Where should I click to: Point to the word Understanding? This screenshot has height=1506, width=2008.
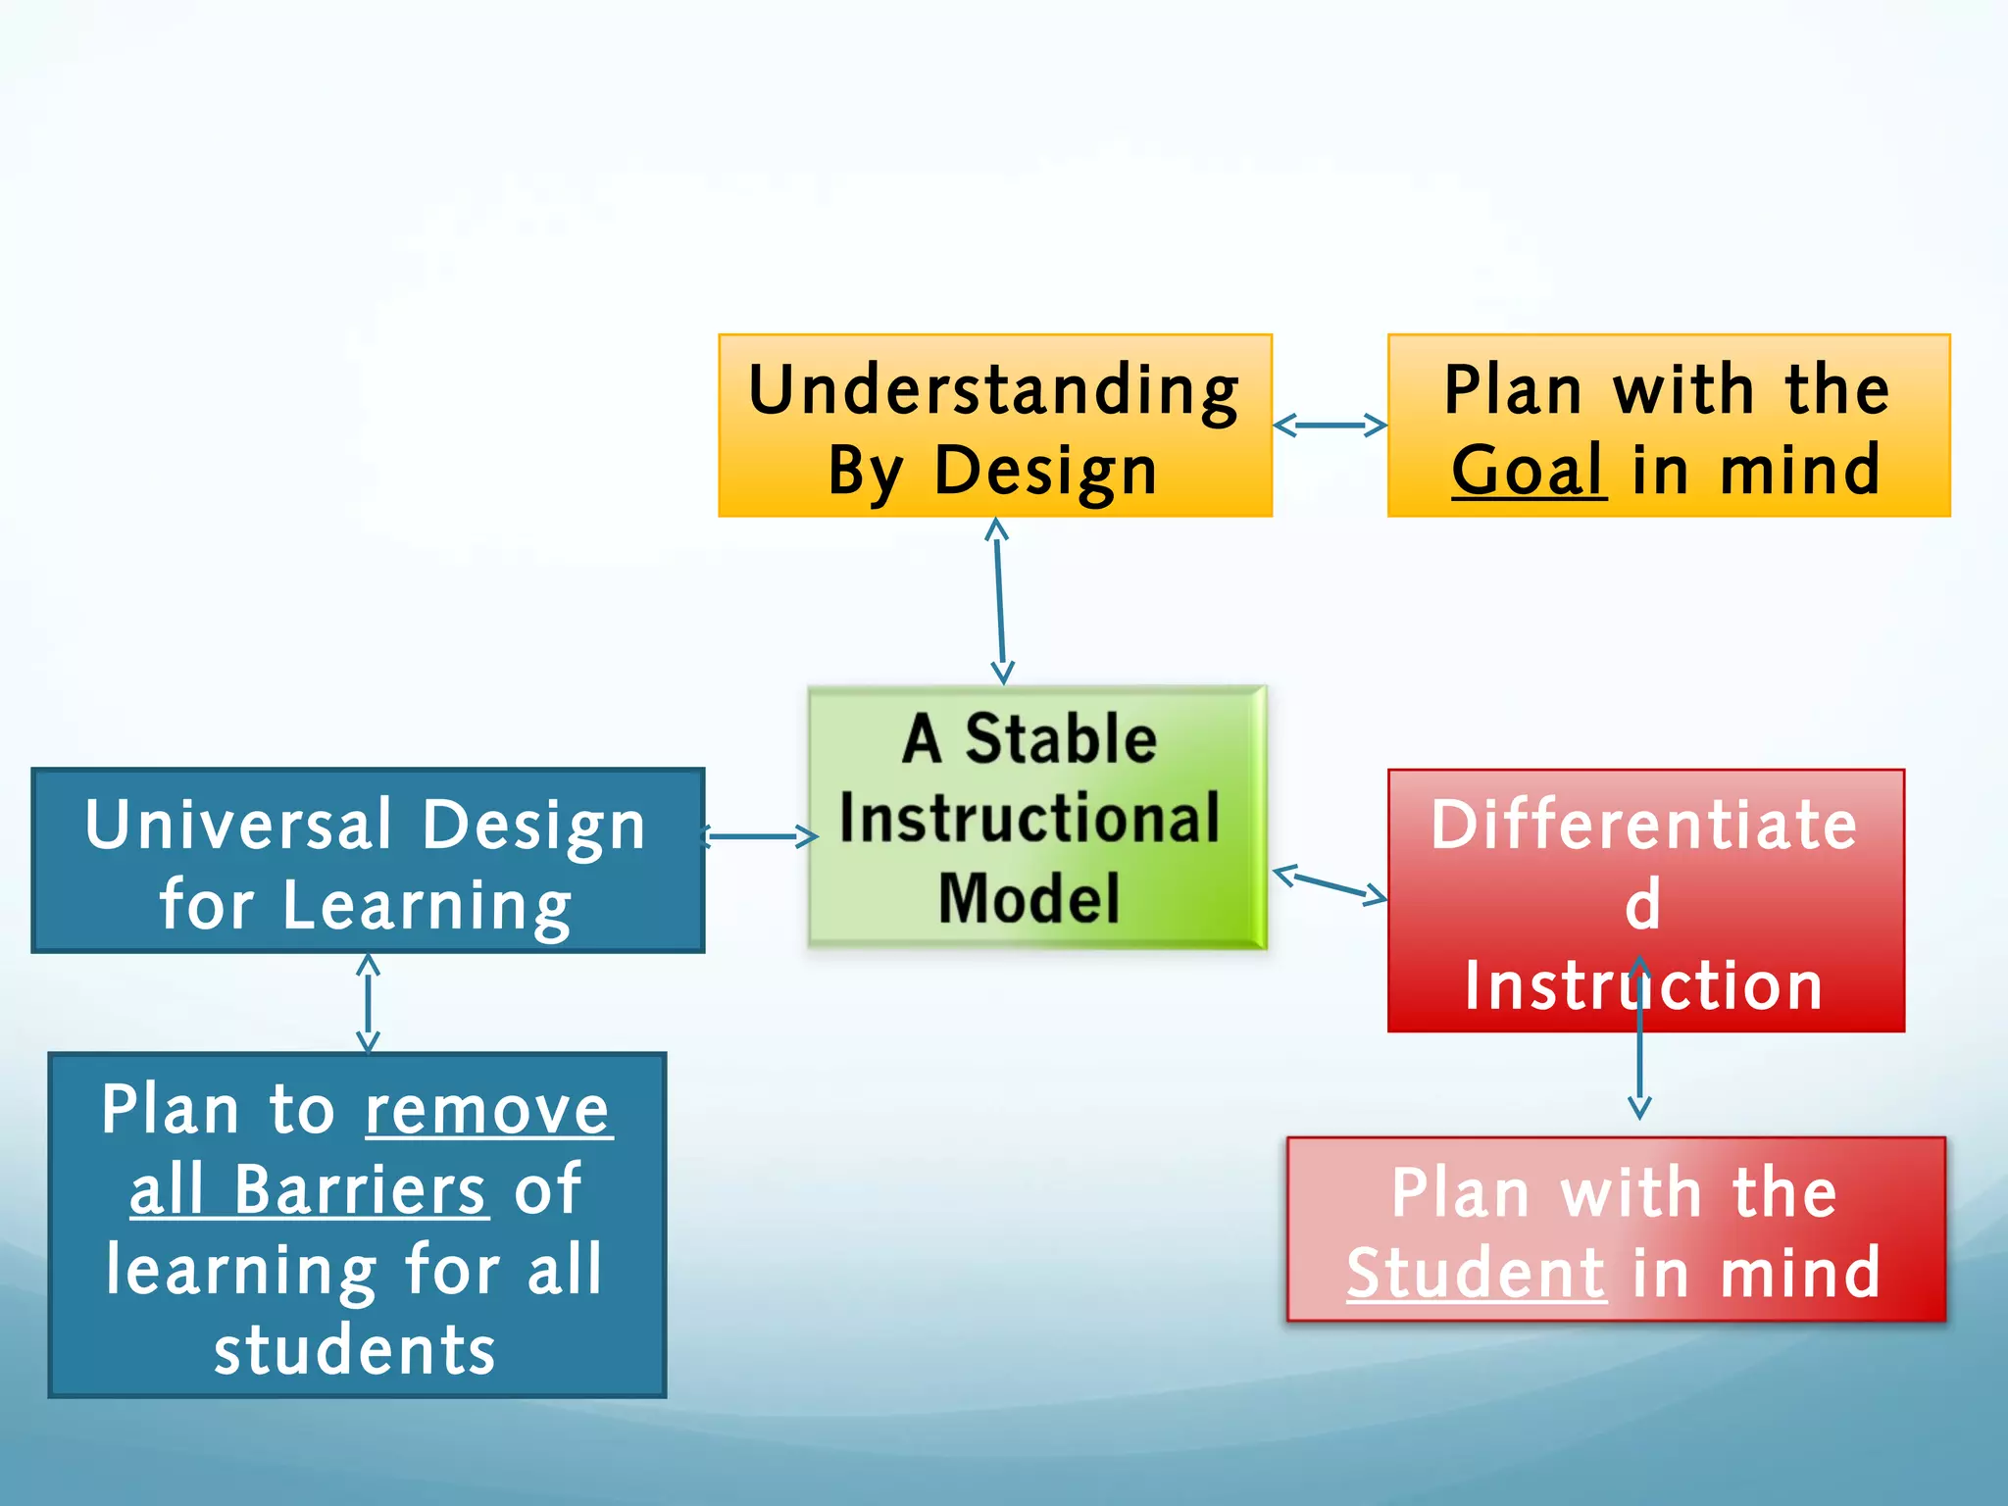point(993,389)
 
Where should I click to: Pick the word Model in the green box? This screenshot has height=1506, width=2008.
point(1029,898)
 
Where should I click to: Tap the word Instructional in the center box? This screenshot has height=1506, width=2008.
point(1029,819)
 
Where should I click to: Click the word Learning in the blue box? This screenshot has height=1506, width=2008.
point(427,905)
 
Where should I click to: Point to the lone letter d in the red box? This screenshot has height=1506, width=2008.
point(1643,904)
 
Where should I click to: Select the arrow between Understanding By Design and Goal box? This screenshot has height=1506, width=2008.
point(1330,426)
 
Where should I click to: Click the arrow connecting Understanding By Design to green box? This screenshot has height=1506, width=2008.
point(999,600)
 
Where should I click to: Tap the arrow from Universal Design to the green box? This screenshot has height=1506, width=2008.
point(761,836)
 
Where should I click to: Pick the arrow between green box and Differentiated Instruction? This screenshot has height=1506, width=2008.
point(1330,882)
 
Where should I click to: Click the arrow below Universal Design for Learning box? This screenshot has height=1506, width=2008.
point(368,1002)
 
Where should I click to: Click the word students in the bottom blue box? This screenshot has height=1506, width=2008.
point(355,1350)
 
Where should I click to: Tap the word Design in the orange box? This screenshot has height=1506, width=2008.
point(1045,471)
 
